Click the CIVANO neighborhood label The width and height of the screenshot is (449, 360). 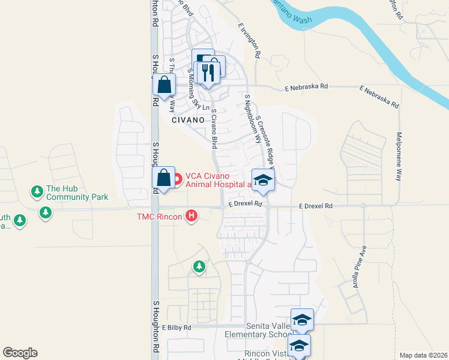(189, 120)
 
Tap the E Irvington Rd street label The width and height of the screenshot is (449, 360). (249, 41)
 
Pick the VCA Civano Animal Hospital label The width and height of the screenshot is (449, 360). (218, 180)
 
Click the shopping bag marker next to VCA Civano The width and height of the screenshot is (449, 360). (163, 178)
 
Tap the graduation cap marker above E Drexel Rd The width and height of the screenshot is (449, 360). (262, 179)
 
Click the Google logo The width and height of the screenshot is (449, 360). (20, 352)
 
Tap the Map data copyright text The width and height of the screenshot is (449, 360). (422, 355)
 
